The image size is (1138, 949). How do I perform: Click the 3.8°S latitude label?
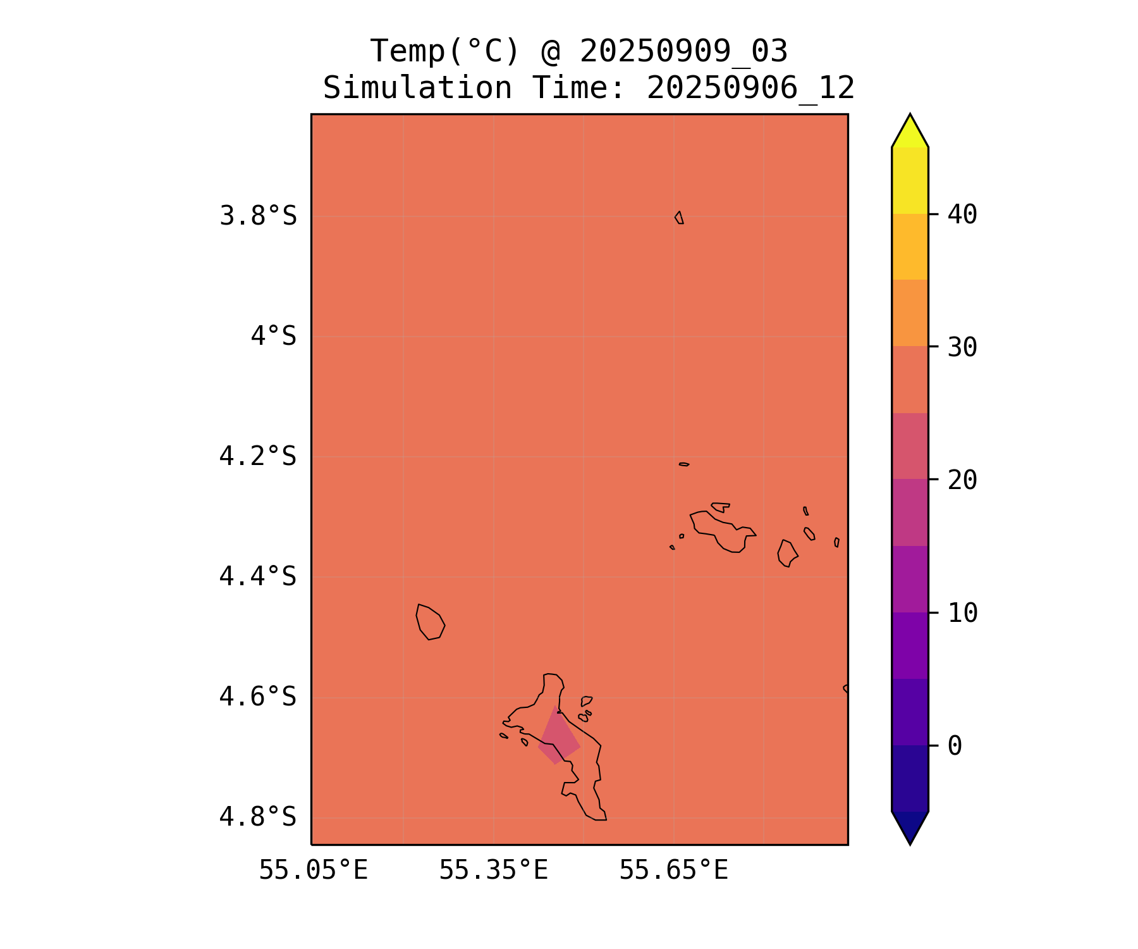258,216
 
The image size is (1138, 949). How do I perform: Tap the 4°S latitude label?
273,336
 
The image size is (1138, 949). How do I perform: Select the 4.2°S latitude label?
258,456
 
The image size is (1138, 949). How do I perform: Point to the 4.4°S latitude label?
258,576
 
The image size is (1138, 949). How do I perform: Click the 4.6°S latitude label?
258,697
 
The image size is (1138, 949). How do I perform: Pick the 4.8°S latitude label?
258,817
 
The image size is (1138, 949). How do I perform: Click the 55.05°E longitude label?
314,871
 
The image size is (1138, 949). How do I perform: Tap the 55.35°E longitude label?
493,871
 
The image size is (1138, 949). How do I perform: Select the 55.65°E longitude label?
673,871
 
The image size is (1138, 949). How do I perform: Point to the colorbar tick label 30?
962,347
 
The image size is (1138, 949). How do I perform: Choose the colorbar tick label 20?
962,480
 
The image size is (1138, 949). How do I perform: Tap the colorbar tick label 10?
962,613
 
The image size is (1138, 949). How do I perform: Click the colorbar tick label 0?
955,746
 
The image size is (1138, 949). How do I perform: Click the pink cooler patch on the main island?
558,738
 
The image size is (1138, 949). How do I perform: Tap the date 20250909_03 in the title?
683,51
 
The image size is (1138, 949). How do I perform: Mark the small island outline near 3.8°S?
679,218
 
